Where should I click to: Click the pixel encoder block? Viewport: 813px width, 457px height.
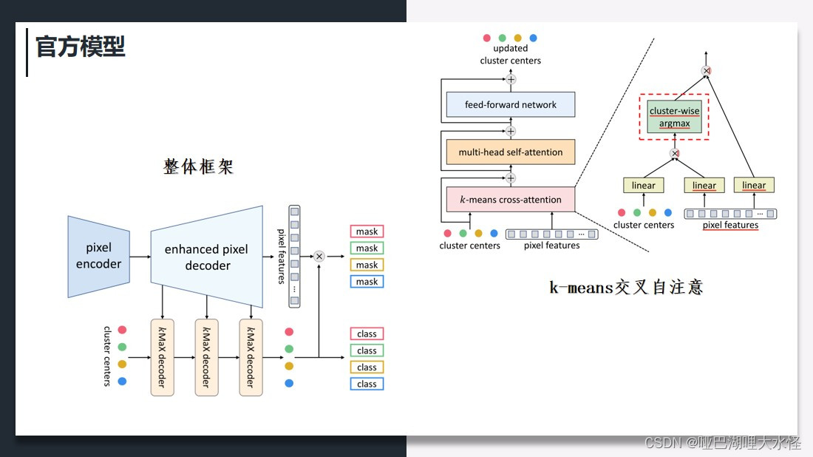click(x=98, y=256)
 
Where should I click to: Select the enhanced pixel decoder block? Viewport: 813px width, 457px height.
click(x=207, y=257)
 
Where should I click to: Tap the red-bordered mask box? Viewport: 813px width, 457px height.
click(x=367, y=231)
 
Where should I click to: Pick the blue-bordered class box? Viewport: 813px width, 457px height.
click(x=367, y=384)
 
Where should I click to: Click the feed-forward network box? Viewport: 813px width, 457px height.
click(x=511, y=105)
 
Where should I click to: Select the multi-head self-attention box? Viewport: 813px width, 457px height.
click(x=511, y=152)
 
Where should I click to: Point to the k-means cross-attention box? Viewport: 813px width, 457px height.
click(x=511, y=200)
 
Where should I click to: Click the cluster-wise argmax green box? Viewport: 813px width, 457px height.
click(x=674, y=117)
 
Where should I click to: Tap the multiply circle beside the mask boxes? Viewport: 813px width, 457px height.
click(x=319, y=257)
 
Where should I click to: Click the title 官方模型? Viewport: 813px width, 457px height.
click(x=81, y=47)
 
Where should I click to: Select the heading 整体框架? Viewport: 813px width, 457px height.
click(x=198, y=166)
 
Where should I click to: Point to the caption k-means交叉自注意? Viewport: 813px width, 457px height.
click(x=626, y=287)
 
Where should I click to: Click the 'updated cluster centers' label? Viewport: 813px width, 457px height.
click(x=510, y=55)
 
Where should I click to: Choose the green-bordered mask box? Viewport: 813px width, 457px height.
click(x=367, y=248)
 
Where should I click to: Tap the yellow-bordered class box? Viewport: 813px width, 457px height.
click(x=367, y=368)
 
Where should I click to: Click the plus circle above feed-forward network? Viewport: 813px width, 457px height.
click(x=510, y=79)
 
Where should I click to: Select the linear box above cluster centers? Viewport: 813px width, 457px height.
click(x=644, y=186)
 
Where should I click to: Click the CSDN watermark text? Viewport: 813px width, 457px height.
click(x=723, y=443)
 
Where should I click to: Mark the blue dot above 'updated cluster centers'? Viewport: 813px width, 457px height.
click(x=534, y=38)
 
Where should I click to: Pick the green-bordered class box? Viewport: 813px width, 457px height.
click(x=367, y=351)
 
